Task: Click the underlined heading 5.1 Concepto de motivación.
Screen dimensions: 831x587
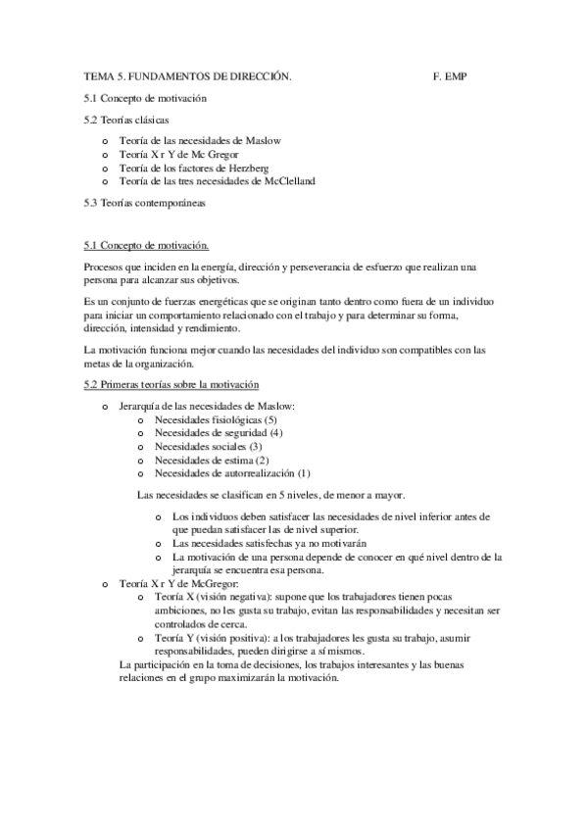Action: pos(146,244)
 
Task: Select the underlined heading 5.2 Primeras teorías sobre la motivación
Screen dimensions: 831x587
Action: pos(171,383)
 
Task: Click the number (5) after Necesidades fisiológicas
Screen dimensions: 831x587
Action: pos(257,418)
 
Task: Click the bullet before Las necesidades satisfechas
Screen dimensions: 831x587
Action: pos(161,543)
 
